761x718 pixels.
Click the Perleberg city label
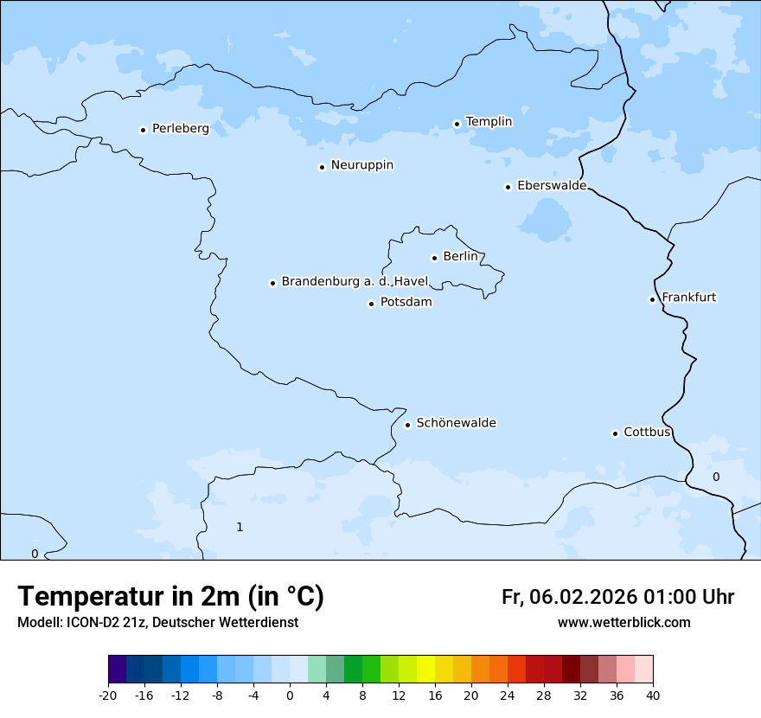tap(180, 129)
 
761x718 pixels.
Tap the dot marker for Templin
tap(457, 124)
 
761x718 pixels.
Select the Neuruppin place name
tap(361, 165)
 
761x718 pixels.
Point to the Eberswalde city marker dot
tap(508, 187)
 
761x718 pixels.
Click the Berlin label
tap(460, 257)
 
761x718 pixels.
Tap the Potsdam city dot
tap(371, 304)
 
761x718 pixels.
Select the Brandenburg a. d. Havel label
tap(355, 282)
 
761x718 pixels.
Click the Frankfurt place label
tap(688, 298)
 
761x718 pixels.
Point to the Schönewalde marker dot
tap(407, 425)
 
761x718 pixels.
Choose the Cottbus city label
tap(647, 433)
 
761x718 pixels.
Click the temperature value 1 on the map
tap(240, 528)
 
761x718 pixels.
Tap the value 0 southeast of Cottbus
tap(715, 478)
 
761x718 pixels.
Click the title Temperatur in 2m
tap(170, 597)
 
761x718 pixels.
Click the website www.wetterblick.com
tap(624, 623)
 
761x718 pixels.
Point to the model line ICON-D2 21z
tap(157, 623)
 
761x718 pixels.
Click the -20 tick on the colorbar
tap(108, 696)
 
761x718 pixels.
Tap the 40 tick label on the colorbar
tap(653, 696)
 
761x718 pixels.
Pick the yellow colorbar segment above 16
tap(425, 670)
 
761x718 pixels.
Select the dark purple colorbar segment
tap(117, 670)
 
